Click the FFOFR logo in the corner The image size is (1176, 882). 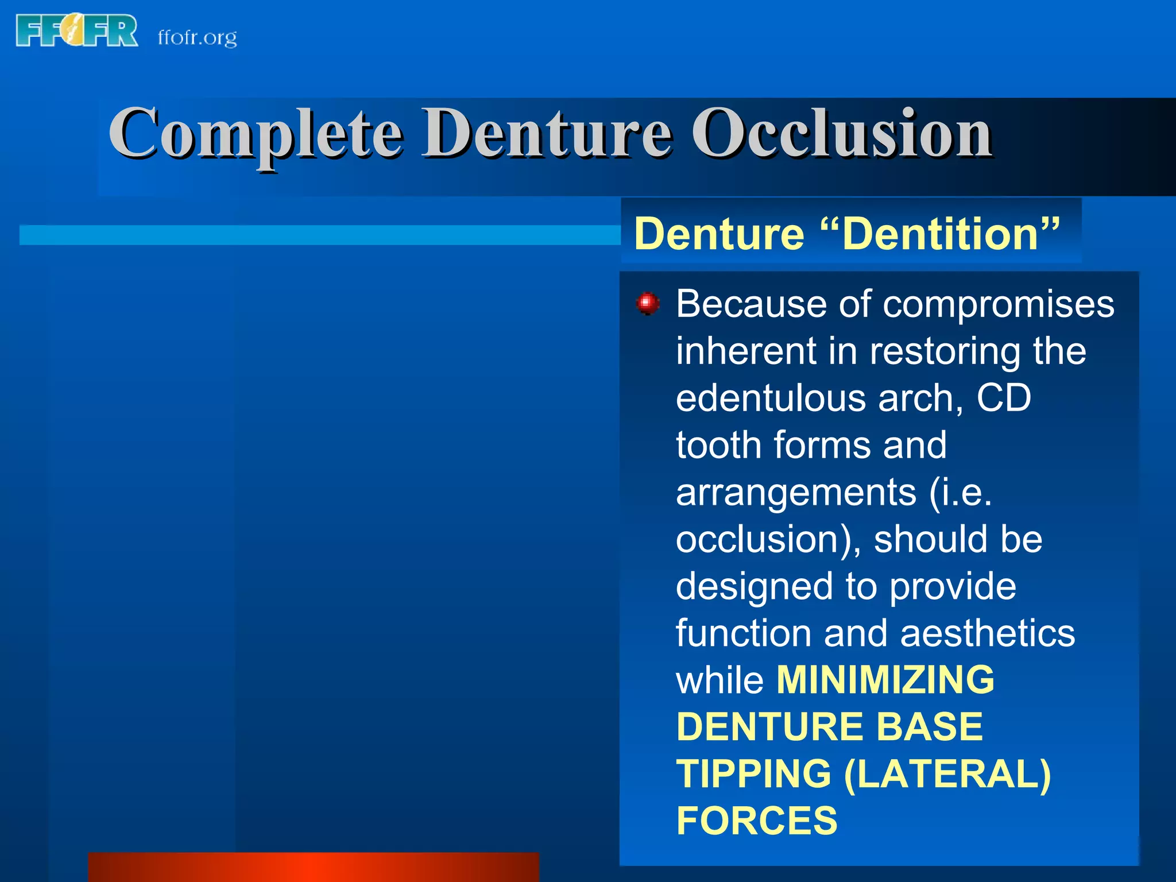(77, 31)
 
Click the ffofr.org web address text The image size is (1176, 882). (197, 38)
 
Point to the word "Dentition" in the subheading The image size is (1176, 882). (940, 234)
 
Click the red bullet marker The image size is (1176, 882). (648, 303)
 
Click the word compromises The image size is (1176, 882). (999, 304)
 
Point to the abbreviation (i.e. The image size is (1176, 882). (961, 492)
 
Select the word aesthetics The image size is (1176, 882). (988, 633)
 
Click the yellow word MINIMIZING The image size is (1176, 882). (885, 680)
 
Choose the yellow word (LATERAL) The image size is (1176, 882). (947, 774)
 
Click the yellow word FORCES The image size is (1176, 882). (757, 821)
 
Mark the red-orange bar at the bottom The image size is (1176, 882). (314, 867)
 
